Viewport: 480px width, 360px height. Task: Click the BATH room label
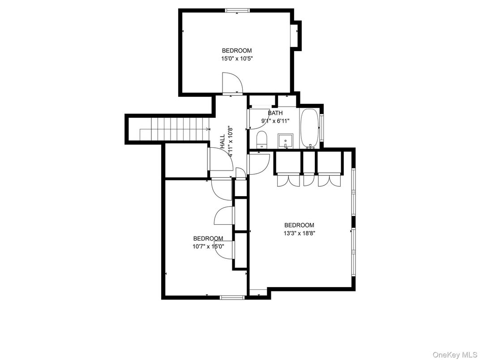tap(275, 113)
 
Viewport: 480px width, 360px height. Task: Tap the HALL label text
tap(223, 141)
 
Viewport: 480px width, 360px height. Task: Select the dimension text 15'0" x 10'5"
tap(237, 58)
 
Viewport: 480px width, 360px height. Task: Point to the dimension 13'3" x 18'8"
tap(300, 233)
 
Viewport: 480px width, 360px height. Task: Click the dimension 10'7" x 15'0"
tap(208, 246)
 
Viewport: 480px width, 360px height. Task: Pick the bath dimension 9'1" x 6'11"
tap(275, 120)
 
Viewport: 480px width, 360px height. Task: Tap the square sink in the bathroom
tap(285, 141)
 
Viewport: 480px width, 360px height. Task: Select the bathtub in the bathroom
tap(309, 129)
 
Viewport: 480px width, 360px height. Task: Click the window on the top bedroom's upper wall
tap(237, 11)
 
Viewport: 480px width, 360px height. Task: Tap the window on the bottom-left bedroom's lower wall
tap(232, 297)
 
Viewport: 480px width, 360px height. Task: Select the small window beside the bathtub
tap(321, 127)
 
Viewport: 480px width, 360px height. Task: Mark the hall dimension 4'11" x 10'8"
tap(231, 141)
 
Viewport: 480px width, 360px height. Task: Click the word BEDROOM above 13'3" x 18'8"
tap(300, 225)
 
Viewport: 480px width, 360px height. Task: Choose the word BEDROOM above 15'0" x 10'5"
tap(237, 51)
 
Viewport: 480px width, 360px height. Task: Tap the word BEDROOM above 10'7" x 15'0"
tap(208, 239)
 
